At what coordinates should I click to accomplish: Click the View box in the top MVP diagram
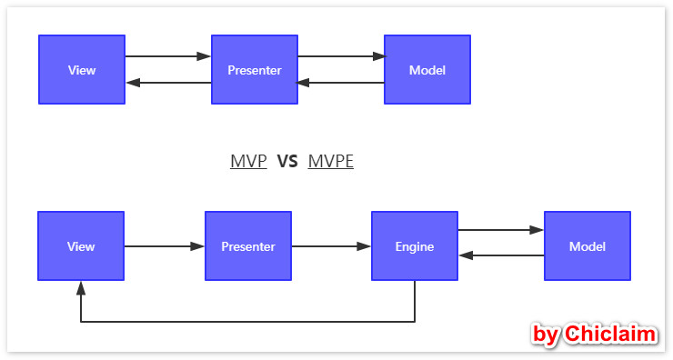point(82,70)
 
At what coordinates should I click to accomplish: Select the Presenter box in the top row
point(255,70)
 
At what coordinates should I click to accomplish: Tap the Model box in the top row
point(427,70)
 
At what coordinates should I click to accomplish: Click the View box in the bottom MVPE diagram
point(81,246)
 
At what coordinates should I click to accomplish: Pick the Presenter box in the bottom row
point(248,246)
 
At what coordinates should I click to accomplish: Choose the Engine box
point(415,246)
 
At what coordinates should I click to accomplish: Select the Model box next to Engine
point(588,246)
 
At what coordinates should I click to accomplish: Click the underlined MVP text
point(248,162)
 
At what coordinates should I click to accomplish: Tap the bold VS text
point(287,162)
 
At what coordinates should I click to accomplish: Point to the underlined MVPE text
point(331,162)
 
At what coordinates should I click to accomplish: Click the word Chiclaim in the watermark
point(609,335)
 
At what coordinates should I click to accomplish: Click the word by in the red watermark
point(546,335)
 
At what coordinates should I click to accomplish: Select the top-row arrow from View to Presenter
point(168,56)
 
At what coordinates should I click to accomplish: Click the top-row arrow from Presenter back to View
point(168,83)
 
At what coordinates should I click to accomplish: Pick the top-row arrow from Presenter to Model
point(341,56)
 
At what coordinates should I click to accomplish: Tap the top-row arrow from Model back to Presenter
point(341,83)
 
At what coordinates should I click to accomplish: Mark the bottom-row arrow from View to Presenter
point(165,246)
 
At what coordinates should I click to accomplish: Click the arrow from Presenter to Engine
point(331,246)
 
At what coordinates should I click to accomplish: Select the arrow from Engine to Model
point(501,231)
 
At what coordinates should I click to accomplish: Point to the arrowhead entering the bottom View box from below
point(81,287)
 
